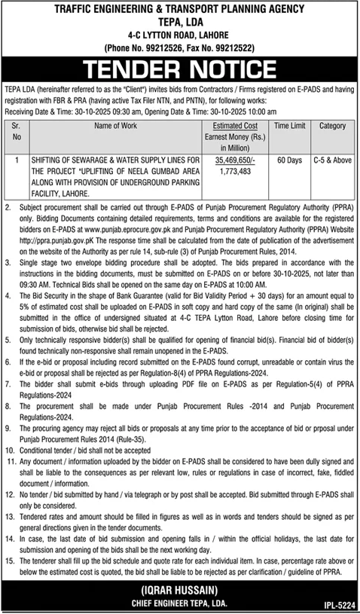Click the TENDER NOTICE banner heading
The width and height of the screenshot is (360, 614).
coord(180,71)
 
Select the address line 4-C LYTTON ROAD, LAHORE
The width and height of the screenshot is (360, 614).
coord(179,35)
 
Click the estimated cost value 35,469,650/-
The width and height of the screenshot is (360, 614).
coord(233,160)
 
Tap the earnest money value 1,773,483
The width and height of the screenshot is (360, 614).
coord(233,171)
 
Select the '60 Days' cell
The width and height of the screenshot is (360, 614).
coord(287,160)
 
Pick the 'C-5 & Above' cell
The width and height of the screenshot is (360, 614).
coord(332,160)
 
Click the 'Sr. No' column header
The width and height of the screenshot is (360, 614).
coord(17,133)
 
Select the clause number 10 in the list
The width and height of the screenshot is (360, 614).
coord(10,438)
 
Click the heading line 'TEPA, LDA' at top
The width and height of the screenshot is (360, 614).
coord(179,22)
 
